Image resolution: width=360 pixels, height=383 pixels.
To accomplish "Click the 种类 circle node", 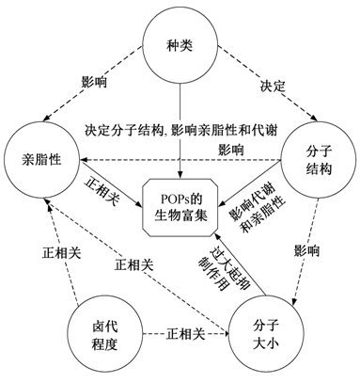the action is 180,46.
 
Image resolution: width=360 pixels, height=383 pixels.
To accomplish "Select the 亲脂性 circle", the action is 41,160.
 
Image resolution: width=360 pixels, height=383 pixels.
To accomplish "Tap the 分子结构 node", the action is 318,160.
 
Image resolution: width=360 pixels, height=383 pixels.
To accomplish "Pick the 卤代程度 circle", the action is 104,335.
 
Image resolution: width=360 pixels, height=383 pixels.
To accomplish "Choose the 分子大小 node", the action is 266,335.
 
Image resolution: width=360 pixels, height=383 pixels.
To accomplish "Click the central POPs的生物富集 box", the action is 180,208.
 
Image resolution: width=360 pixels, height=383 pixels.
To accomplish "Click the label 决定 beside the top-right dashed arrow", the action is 273,86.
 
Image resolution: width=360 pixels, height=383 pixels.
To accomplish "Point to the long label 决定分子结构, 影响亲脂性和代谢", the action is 181,131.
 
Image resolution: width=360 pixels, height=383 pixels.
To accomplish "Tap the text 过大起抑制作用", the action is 223,268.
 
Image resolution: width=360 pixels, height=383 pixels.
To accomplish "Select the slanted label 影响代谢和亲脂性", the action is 258,210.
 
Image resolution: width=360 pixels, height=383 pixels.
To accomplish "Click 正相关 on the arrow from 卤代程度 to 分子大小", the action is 185,334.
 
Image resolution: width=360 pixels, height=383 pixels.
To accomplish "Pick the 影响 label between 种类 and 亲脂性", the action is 94,82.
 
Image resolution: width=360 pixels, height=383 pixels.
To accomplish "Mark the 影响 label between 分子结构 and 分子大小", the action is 306,251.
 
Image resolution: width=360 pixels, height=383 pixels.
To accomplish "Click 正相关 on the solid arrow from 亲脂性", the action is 102,193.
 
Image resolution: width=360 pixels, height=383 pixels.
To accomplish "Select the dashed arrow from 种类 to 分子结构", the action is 268,84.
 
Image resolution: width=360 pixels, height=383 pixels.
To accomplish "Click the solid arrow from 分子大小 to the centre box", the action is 241,263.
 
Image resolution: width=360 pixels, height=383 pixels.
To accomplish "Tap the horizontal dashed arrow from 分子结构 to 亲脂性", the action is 180,160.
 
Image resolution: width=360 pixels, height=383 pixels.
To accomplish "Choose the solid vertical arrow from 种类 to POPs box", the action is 180,132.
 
